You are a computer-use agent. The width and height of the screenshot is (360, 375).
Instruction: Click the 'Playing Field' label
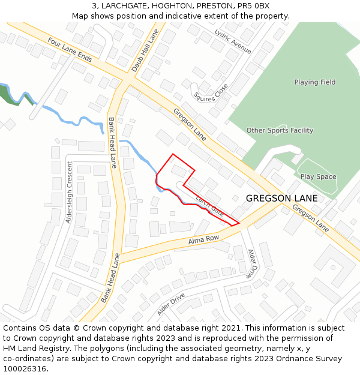point(314,82)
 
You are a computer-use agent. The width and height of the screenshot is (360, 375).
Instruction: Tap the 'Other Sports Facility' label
point(280,130)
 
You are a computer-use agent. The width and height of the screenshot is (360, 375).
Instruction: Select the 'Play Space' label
point(318,177)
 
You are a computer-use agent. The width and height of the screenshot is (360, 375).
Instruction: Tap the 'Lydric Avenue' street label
point(233,41)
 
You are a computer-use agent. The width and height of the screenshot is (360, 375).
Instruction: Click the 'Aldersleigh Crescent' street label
point(69,192)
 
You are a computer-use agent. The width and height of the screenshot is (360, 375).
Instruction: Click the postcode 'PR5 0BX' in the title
point(254,6)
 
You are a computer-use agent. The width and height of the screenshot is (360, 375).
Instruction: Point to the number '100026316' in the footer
point(25,369)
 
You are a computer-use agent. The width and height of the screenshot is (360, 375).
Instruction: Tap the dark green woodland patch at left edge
point(10,95)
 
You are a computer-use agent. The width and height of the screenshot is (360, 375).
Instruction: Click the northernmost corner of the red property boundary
point(173,154)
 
